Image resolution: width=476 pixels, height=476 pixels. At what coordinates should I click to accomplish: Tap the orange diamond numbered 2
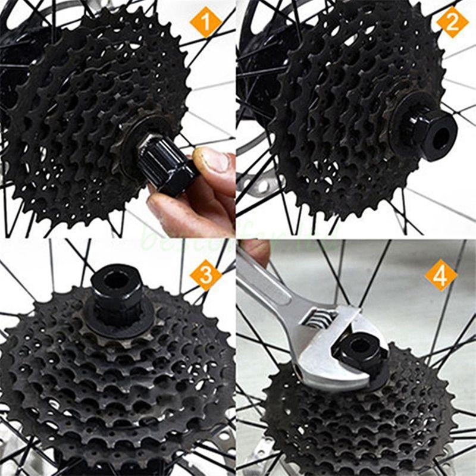coord(452,22)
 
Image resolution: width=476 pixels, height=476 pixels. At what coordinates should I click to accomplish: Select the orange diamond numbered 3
coord(205,274)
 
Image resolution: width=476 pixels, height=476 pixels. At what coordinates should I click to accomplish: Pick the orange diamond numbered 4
coord(441,275)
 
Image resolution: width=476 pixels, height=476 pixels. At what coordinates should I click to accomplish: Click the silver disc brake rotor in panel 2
coord(262,184)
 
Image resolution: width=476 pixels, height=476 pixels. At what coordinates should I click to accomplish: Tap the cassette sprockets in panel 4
coord(357,422)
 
